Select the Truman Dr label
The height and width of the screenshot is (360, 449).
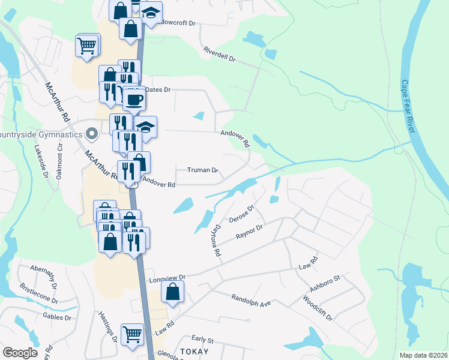pos(202,170)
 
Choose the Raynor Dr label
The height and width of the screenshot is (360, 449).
pos(250,232)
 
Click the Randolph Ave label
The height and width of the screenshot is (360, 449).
pos(251,300)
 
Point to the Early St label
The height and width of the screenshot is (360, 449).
pos(203,340)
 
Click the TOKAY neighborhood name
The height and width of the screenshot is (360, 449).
pos(194,352)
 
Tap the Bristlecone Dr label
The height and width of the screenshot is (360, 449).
pos(39,293)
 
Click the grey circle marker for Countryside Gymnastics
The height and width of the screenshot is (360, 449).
pos(92,133)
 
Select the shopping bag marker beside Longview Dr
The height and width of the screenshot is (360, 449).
pos(172,292)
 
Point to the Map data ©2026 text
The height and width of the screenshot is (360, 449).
pos(423,355)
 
